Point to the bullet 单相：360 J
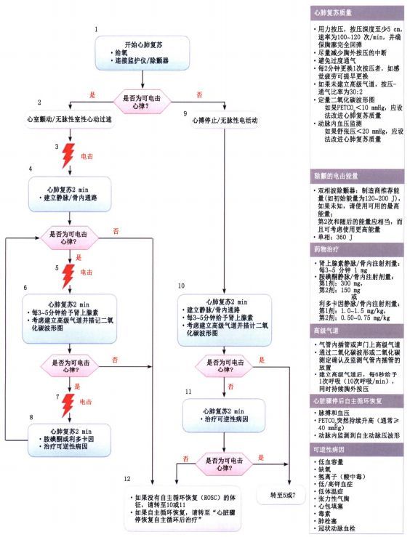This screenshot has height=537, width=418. coord(334,236)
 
